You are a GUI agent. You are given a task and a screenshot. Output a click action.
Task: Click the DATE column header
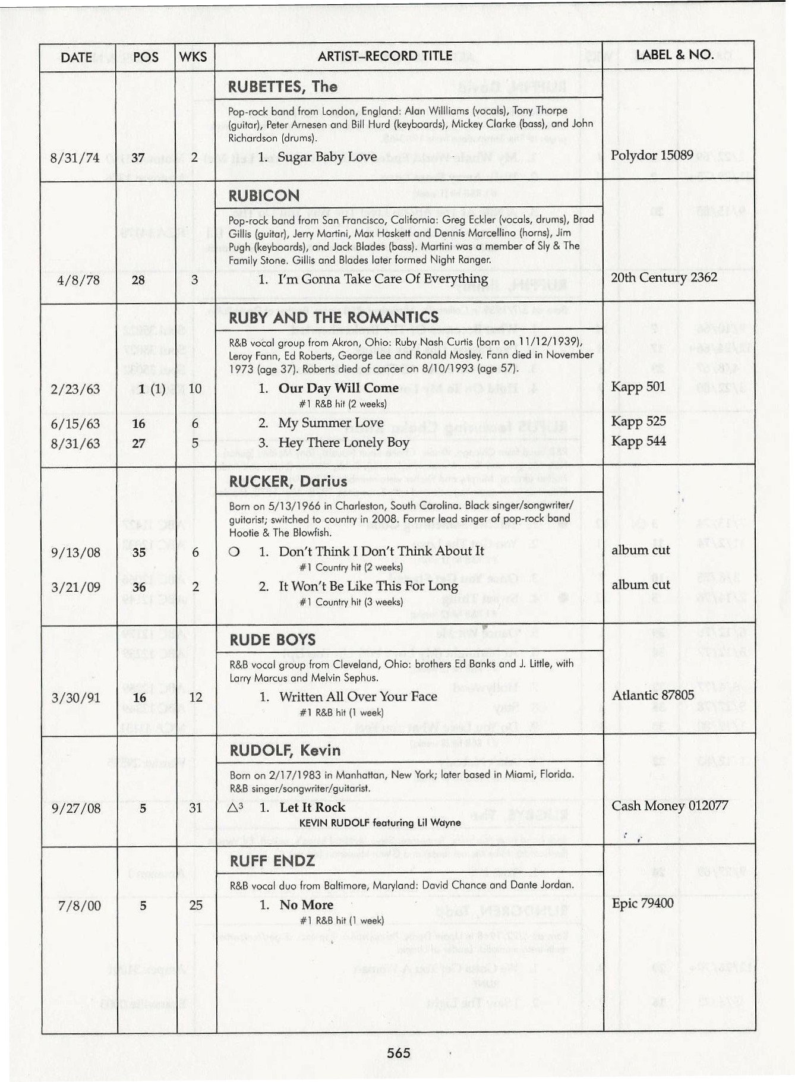76,57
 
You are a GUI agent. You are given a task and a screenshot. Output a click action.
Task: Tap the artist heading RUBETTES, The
282,87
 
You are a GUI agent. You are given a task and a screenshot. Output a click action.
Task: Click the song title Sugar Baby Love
327,157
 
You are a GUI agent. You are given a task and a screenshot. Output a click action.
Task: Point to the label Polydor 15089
652,155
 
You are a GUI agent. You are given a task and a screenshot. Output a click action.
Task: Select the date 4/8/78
78,280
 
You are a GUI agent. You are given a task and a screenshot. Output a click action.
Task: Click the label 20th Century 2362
664,277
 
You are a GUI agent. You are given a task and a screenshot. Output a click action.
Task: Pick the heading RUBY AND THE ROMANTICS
333,317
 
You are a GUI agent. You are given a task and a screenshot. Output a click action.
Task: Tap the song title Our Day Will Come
338,388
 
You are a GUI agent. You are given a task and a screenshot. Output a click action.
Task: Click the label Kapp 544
639,441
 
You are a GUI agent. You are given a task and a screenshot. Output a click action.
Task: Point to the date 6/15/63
75,424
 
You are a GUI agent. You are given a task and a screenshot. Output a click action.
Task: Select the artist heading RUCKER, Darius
288,481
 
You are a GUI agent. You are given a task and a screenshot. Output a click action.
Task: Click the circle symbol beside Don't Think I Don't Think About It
234,552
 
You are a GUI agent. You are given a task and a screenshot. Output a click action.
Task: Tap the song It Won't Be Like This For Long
368,586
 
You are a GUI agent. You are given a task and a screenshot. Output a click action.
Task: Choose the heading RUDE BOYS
272,640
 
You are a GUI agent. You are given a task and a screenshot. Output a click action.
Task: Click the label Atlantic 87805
653,695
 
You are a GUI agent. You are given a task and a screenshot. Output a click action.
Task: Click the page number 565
398,1053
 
